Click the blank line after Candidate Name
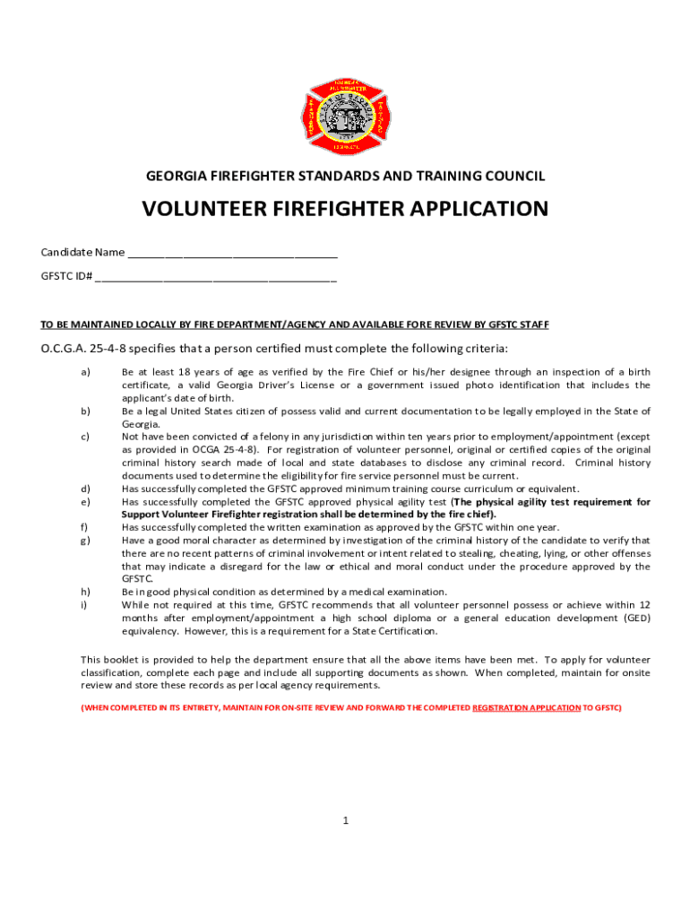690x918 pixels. (232, 253)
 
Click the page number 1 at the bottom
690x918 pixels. (345, 820)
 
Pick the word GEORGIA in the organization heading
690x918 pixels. (176, 177)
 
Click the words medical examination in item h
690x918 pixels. (402, 593)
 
